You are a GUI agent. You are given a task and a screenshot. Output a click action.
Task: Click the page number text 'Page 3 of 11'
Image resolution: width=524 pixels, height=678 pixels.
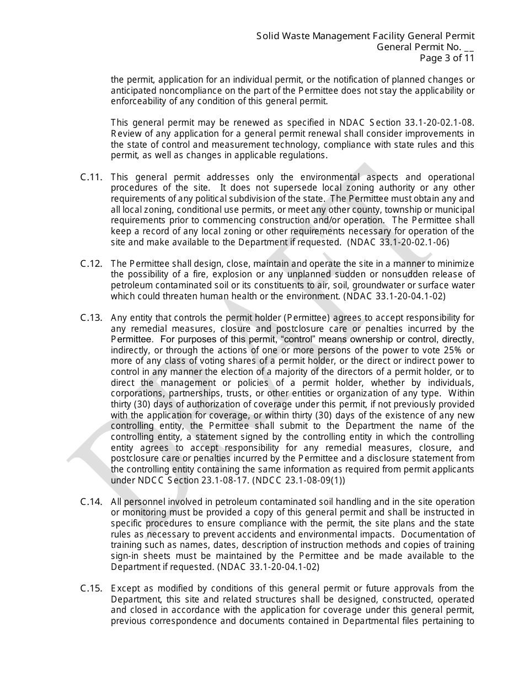[447, 58]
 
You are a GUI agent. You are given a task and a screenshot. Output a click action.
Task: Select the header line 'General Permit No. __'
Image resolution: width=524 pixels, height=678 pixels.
[425, 47]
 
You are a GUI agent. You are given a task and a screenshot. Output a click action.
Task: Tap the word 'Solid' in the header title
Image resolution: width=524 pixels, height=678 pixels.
[268, 36]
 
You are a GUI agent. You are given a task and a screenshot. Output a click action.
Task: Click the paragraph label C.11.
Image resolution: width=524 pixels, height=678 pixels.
[92, 177]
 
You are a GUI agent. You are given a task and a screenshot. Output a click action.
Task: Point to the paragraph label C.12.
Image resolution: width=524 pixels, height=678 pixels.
[92, 263]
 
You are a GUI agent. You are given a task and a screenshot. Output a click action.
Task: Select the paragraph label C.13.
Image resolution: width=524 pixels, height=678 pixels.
[92, 318]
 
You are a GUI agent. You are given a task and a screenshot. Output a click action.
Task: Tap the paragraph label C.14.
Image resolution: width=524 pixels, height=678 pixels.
[92, 502]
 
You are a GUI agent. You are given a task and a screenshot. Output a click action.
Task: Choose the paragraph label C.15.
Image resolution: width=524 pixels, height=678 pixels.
[92, 588]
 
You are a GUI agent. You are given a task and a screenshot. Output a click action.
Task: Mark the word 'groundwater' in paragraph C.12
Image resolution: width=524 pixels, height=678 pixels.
[376, 286]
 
